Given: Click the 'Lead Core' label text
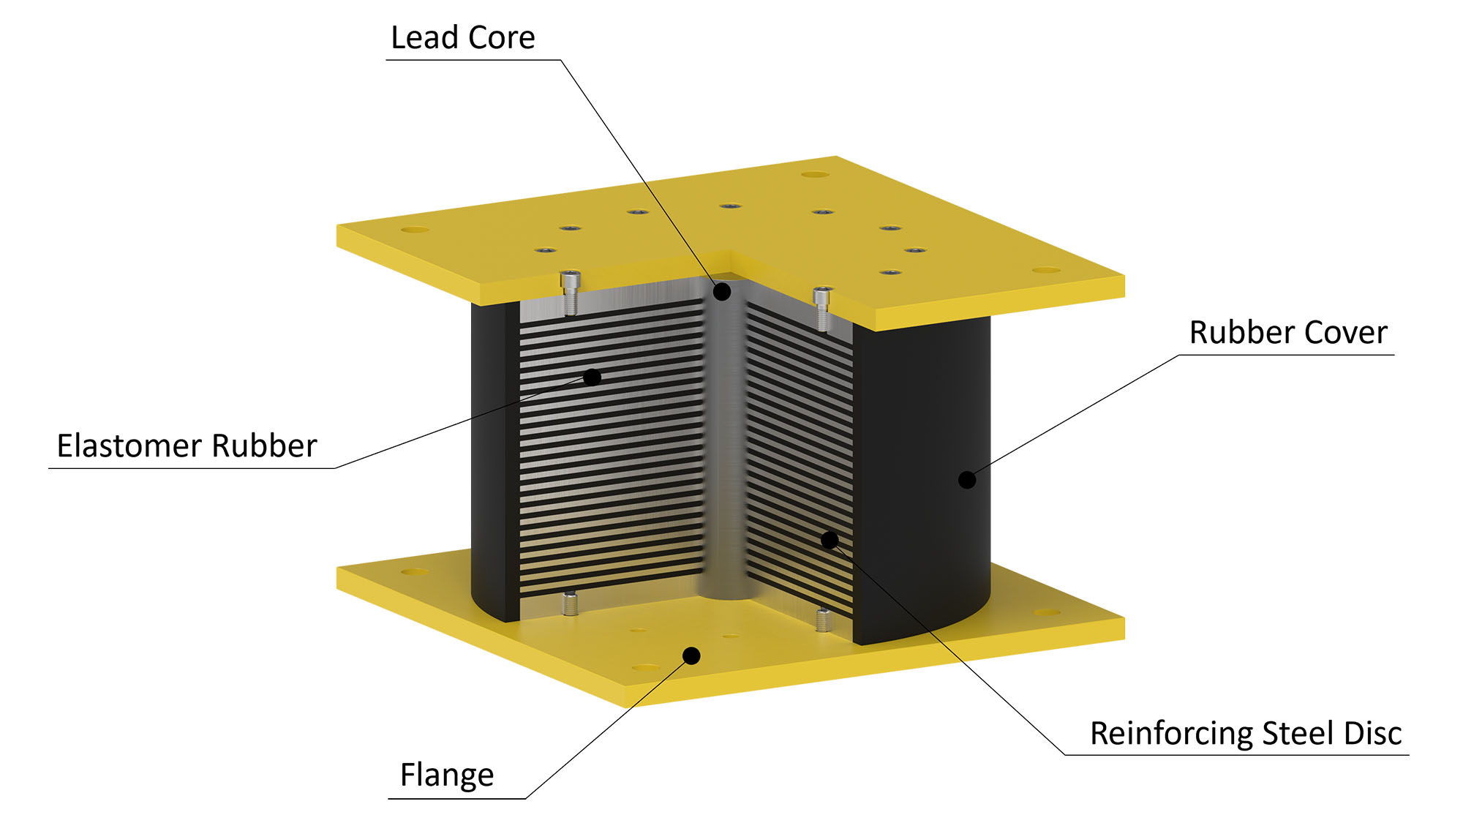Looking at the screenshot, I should [462, 37].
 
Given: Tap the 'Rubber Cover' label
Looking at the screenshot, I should [1287, 332].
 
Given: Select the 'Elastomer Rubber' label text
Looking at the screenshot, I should [187, 446].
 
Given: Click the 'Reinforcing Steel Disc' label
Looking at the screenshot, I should [1245, 733].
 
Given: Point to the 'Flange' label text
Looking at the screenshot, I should [446, 774].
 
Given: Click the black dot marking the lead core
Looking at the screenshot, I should [722, 292].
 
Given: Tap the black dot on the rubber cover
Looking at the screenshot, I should [967, 480].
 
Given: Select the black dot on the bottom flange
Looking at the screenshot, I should [691, 655].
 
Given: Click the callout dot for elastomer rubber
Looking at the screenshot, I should [593, 377].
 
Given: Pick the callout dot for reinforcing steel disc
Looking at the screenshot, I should [830, 540].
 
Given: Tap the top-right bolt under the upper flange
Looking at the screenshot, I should [823, 307].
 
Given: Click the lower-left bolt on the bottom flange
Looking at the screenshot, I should [571, 604].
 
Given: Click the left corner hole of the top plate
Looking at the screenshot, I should [415, 230].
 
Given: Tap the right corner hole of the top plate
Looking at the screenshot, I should [1046, 270].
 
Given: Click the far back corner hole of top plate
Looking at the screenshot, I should [815, 174].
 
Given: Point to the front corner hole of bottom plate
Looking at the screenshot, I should [645, 667].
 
